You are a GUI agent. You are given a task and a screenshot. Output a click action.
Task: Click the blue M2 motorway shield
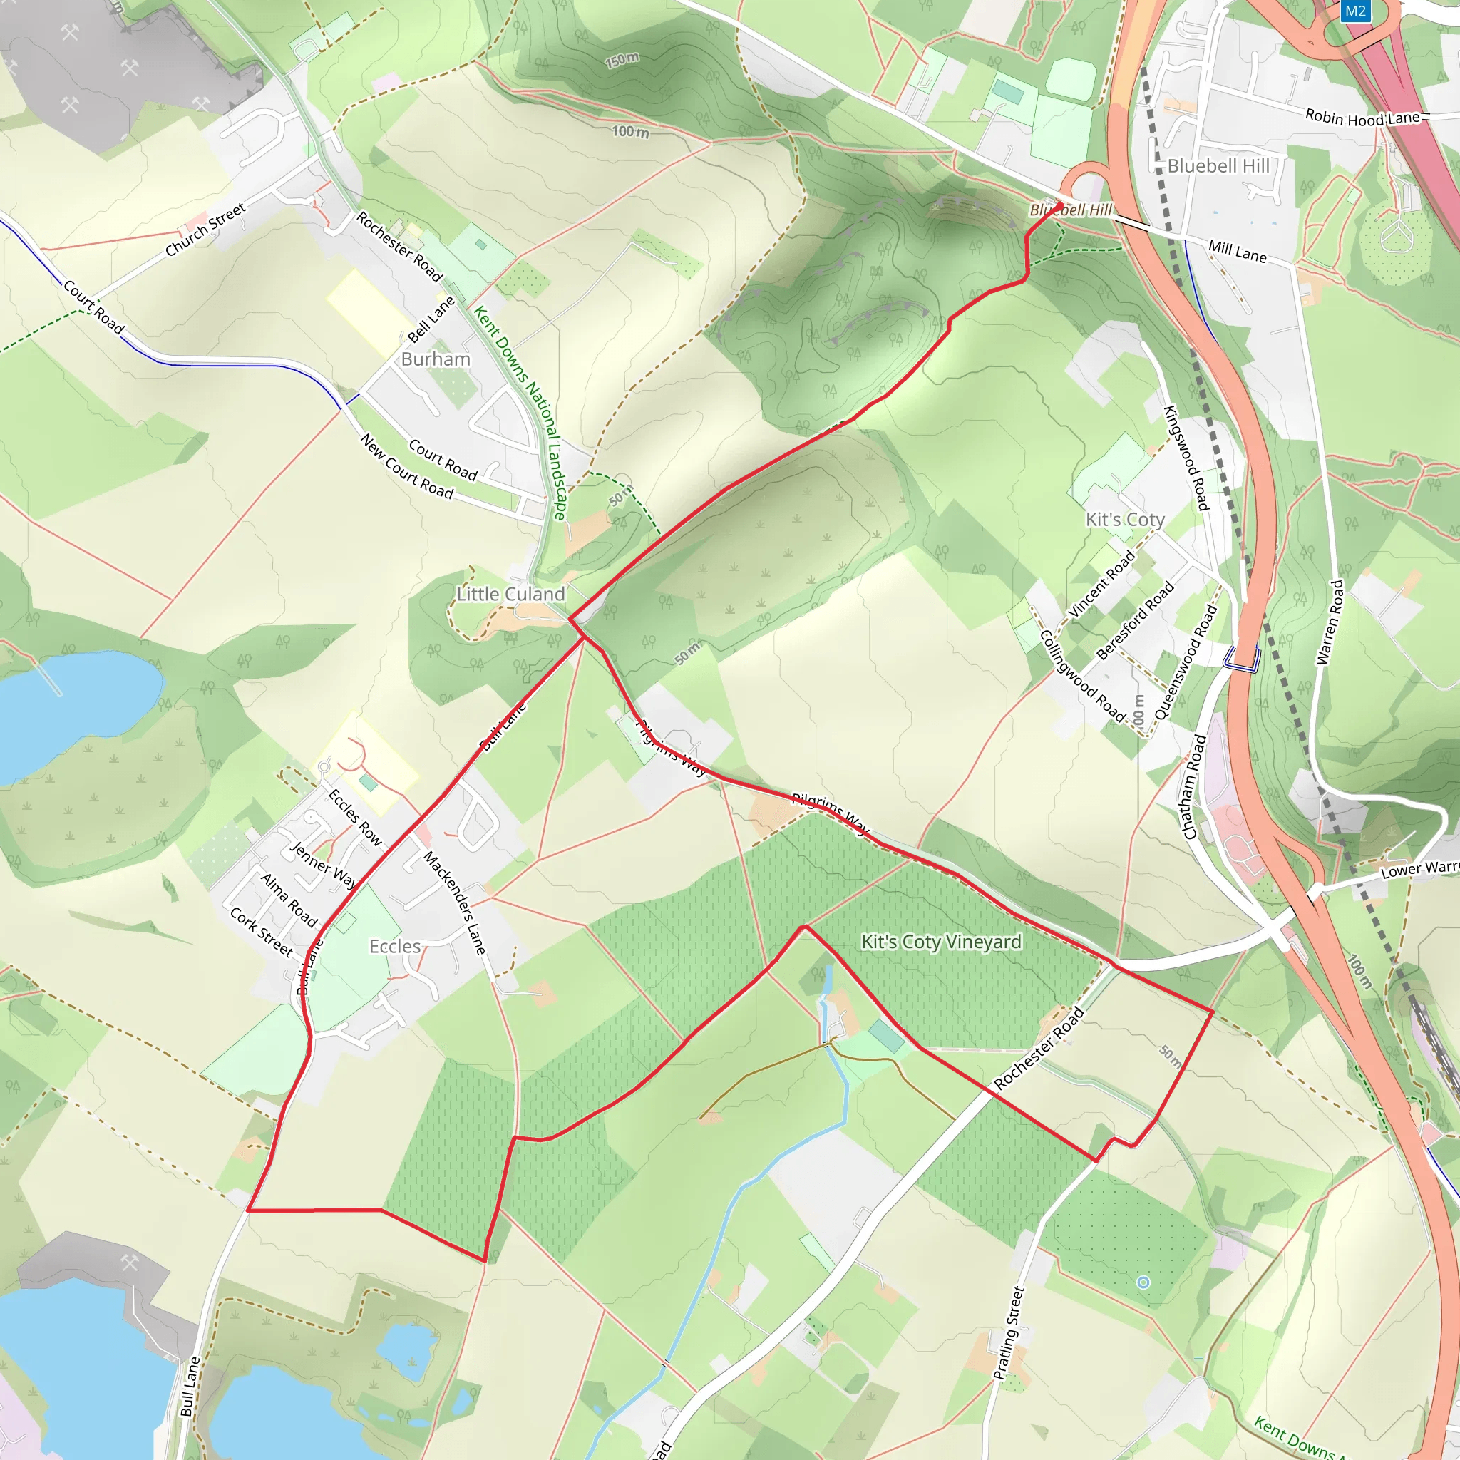[1356, 11]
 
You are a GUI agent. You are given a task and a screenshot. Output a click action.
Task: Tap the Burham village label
[436, 359]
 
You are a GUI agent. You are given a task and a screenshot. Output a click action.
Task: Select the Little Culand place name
[511, 594]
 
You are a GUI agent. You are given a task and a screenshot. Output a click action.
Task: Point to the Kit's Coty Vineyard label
[942, 942]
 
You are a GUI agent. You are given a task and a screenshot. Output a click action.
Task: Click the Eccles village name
[394, 946]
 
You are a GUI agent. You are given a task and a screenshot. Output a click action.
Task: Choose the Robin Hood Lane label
[1362, 118]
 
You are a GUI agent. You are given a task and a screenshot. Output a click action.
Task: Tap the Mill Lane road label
[1237, 250]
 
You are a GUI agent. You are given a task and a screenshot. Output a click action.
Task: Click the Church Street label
[205, 229]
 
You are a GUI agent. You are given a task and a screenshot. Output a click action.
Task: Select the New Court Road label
[406, 466]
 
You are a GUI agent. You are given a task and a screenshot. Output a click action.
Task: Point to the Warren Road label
[1330, 622]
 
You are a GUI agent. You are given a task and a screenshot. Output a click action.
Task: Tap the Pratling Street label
[1008, 1333]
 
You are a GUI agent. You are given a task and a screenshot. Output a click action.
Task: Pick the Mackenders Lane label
[455, 903]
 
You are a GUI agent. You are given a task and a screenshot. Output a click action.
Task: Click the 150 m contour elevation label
[622, 60]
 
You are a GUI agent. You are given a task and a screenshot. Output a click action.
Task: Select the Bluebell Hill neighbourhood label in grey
[1218, 165]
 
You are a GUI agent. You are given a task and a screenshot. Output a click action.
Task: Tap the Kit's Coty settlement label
[1124, 519]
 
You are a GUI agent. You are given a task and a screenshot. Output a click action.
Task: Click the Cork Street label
[262, 932]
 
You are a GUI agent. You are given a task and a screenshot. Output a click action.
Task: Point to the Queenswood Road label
[1186, 663]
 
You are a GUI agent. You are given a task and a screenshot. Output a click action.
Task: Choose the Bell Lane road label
[431, 319]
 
